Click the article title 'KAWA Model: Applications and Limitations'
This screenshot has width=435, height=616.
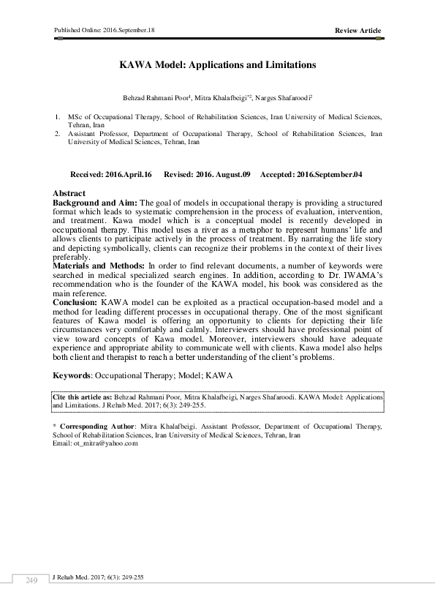217,64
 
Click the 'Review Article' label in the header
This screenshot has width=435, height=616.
358,30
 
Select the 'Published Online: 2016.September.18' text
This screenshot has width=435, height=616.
104,29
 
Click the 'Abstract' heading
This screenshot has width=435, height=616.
69,193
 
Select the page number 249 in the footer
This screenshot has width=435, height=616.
31,580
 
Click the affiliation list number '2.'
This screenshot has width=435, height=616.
58,135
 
